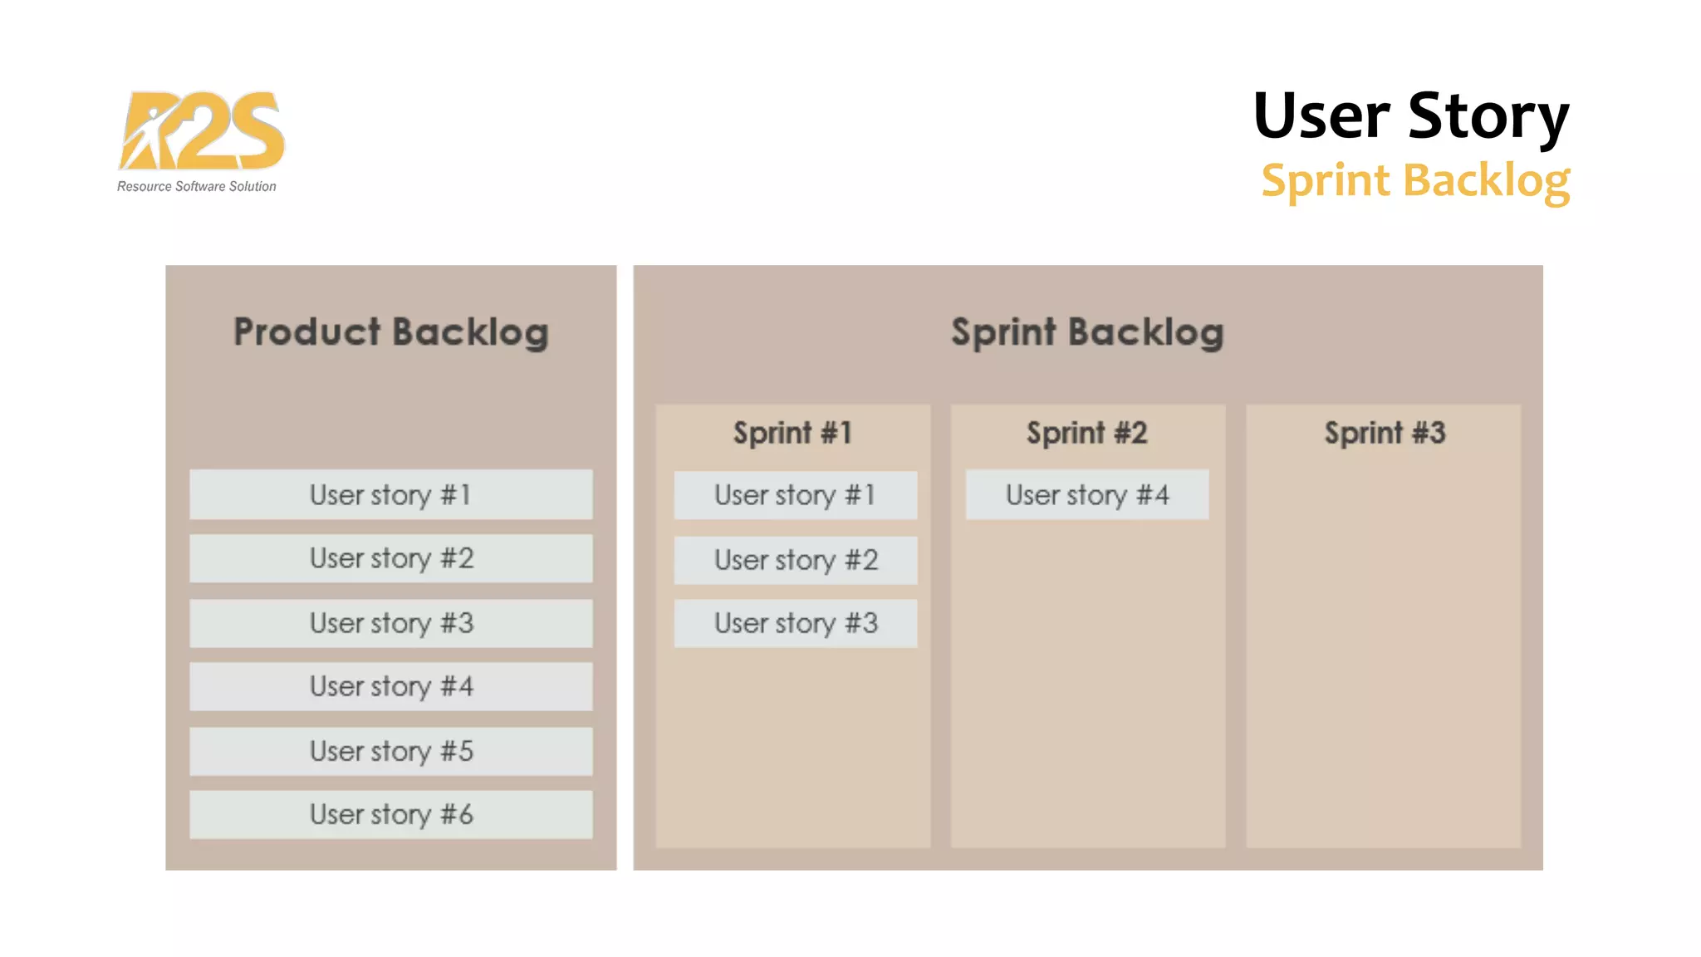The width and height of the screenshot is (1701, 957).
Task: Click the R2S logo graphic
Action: pyautogui.click(x=201, y=130)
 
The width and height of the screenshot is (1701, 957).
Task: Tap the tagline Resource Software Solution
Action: pyautogui.click(x=197, y=187)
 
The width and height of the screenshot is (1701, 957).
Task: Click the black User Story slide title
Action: pyautogui.click(x=1410, y=115)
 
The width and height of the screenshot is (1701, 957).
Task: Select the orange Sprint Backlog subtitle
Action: pyautogui.click(x=1415, y=180)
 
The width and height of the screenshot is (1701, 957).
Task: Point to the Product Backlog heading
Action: pyautogui.click(x=391, y=332)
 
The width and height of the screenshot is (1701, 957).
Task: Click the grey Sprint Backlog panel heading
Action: pyautogui.click(x=1087, y=332)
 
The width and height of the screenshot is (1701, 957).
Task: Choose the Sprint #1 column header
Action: pyautogui.click(x=792, y=433)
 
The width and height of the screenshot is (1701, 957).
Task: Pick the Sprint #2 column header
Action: pyautogui.click(x=1086, y=433)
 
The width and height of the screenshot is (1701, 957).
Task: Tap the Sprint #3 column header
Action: pyautogui.click(x=1385, y=433)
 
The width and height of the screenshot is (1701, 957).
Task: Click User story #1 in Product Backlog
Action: pyautogui.click(x=391, y=495)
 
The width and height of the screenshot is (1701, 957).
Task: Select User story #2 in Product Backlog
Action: pyautogui.click(x=391, y=558)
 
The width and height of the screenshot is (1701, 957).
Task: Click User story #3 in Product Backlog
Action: pyautogui.click(x=391, y=623)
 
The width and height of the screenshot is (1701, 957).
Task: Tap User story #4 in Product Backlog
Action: pyautogui.click(x=391, y=686)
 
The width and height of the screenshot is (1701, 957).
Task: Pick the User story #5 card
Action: pyautogui.click(x=391, y=751)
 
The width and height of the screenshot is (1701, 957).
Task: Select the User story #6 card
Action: pyautogui.click(x=391, y=814)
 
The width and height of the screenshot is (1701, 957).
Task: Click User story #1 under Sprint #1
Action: pyautogui.click(x=796, y=495)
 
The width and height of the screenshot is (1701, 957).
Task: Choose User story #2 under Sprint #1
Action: pyautogui.click(x=796, y=560)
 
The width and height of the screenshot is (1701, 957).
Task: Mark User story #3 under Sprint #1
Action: pyautogui.click(x=796, y=623)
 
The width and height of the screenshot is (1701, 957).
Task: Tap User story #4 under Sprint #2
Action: pyautogui.click(x=1087, y=495)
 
